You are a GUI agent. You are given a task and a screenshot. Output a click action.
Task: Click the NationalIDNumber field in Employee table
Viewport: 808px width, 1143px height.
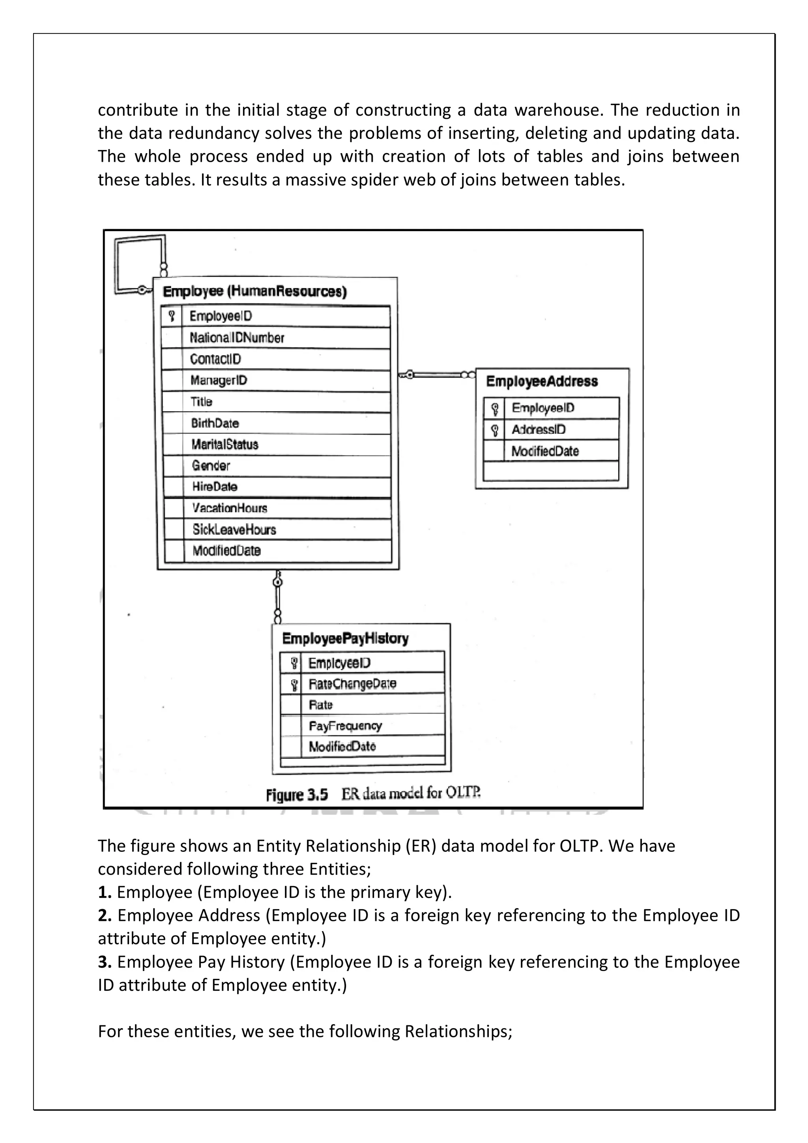point(237,338)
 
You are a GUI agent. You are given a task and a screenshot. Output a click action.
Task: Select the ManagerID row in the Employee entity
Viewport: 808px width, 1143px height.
point(219,381)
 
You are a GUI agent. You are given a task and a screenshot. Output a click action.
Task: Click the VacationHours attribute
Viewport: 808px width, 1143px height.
point(230,508)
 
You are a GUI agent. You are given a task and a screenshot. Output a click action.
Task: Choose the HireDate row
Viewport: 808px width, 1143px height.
point(215,487)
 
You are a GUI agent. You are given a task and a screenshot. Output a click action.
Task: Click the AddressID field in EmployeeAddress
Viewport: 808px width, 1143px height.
point(539,430)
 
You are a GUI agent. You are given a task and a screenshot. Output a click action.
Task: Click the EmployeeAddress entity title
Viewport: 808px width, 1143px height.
point(542,382)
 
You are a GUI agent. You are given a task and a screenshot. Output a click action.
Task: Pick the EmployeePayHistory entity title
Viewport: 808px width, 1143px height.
point(345,639)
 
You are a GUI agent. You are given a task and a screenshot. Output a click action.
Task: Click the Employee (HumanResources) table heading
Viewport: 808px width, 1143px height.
point(254,292)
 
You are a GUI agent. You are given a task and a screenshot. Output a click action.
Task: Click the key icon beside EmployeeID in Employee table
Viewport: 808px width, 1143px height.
point(172,316)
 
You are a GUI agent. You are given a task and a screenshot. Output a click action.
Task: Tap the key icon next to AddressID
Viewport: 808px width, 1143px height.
point(494,430)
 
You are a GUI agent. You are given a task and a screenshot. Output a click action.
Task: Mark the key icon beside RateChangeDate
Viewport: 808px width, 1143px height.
point(294,685)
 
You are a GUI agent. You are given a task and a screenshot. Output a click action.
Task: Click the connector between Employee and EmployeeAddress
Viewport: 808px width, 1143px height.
point(437,375)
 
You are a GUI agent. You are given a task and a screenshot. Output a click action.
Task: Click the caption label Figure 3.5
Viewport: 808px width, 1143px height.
point(297,795)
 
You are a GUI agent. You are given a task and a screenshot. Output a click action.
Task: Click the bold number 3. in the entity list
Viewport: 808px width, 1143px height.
point(105,962)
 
